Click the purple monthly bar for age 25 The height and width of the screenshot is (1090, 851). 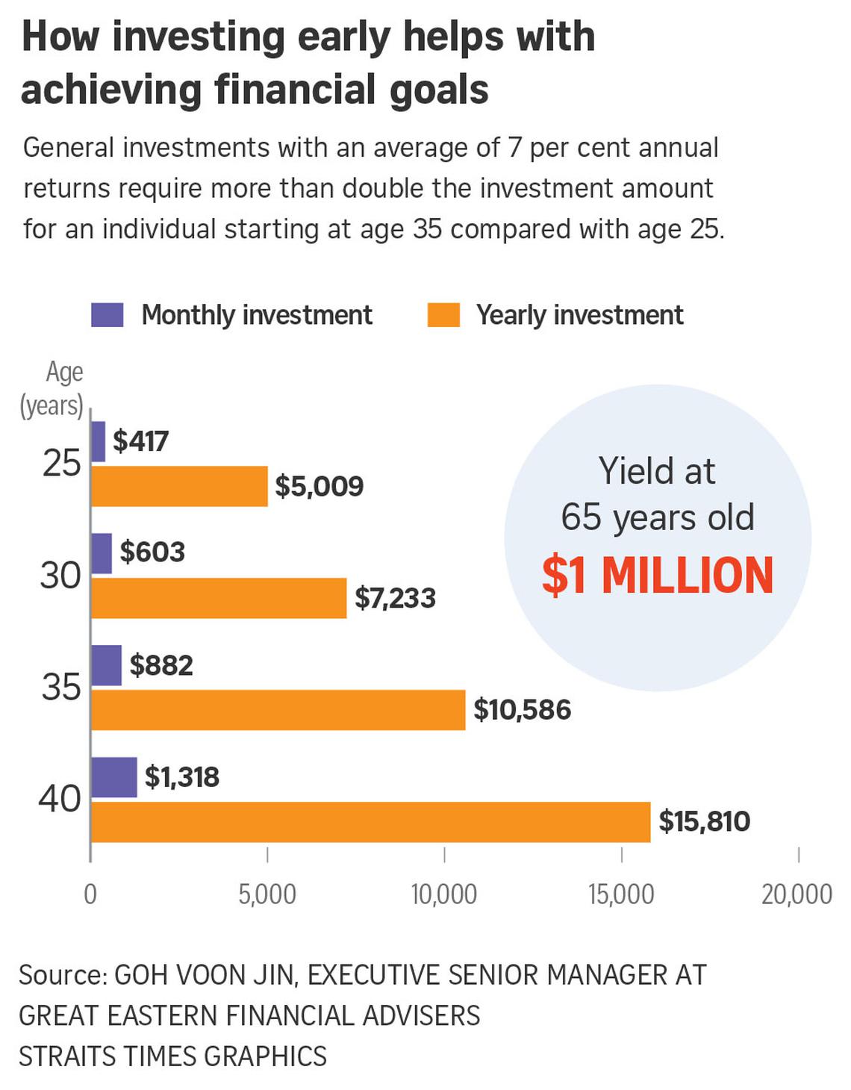click(x=98, y=441)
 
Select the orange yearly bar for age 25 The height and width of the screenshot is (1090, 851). click(x=179, y=486)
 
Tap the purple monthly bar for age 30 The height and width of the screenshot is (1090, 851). click(x=102, y=553)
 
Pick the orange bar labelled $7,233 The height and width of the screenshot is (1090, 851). click(x=219, y=598)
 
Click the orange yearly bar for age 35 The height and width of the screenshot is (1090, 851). click(x=278, y=710)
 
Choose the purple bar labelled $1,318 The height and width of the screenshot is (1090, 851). click(x=113, y=777)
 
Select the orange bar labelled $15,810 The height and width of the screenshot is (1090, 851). click(x=370, y=822)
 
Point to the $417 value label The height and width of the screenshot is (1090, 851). click(x=140, y=441)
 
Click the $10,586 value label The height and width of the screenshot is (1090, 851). click(x=522, y=710)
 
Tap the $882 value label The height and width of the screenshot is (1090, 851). click(x=161, y=665)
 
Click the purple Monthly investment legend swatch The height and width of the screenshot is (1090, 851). click(x=107, y=315)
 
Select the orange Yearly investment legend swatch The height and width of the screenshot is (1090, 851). click(x=443, y=315)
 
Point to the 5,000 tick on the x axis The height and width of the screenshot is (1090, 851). click(x=267, y=894)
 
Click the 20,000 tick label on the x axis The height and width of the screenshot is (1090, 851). click(x=797, y=894)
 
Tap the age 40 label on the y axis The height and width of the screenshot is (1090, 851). click(x=60, y=799)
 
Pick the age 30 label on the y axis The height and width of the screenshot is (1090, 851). click(x=60, y=576)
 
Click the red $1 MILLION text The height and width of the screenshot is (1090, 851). click(x=658, y=576)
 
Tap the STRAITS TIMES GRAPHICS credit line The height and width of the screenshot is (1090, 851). click(x=172, y=1056)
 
